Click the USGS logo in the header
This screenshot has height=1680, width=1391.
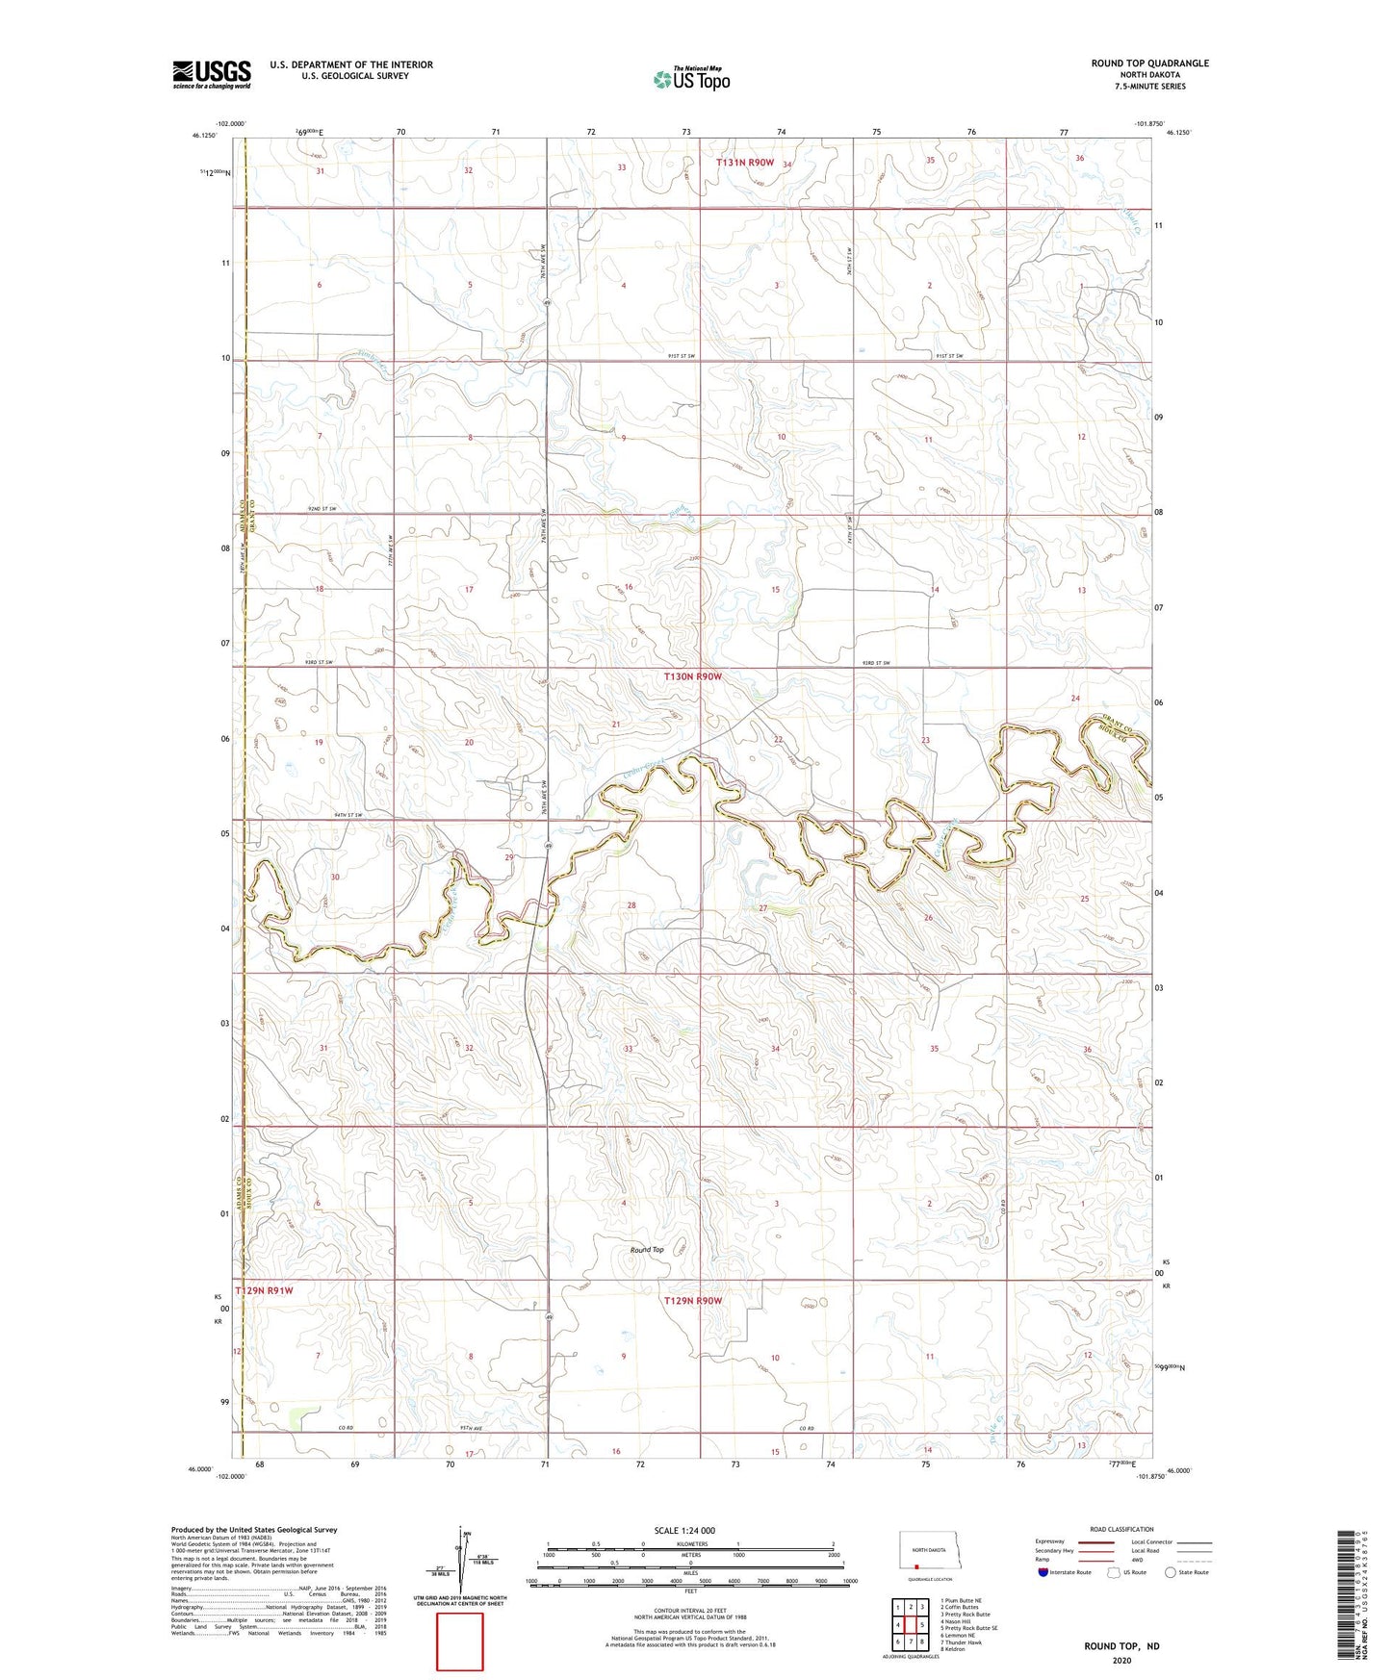click(x=211, y=74)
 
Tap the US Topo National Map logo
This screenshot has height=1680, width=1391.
click(x=691, y=78)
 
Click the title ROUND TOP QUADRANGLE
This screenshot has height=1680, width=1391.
click(x=1149, y=64)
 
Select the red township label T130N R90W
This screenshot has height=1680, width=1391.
click(x=692, y=676)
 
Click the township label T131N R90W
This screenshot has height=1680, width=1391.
click(x=744, y=163)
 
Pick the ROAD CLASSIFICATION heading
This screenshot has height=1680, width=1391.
click(x=1121, y=1529)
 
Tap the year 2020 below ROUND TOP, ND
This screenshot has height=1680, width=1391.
click(x=1121, y=1660)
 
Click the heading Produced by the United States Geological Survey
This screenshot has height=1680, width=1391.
click(x=254, y=1529)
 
